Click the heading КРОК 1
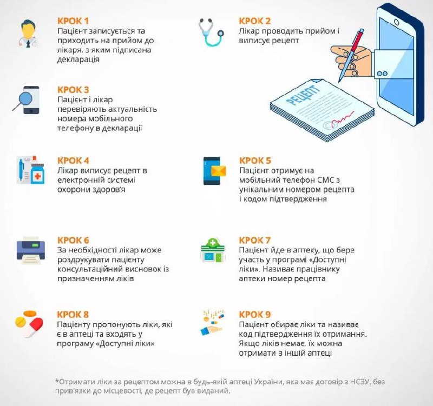coord(73,21)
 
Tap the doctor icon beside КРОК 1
coord(28,34)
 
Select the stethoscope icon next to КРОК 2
coord(211,32)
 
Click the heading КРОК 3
coord(73,90)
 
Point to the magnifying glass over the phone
coord(23,100)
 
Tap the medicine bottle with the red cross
coord(37,174)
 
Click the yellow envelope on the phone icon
coord(219,171)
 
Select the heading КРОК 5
coord(255,161)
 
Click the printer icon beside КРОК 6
coord(30,250)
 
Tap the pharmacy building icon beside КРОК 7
coord(213,250)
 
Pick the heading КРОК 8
coord(73,315)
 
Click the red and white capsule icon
coord(35,328)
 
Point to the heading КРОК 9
coord(255,315)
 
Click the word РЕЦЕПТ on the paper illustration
coord(303,95)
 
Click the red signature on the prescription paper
coord(343,118)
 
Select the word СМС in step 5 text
coord(326,180)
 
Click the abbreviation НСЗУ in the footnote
coord(360,382)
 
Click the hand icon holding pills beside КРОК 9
coord(212,323)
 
